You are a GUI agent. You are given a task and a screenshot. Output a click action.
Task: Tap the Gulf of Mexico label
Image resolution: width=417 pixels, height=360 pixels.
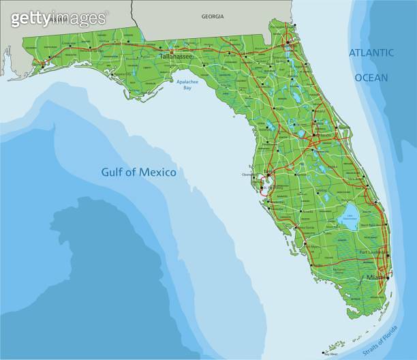(x=139, y=172)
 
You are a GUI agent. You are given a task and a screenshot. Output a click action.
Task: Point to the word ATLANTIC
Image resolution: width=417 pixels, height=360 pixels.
(x=371, y=52)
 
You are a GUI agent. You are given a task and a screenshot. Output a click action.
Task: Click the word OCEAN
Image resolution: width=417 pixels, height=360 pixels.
(x=371, y=78)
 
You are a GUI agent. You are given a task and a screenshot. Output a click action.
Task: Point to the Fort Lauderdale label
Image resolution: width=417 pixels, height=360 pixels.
(x=372, y=252)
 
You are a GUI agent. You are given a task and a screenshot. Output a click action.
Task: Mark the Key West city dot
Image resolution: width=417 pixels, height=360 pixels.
(x=323, y=352)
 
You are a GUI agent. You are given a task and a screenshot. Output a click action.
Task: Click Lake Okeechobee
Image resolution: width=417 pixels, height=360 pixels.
(x=350, y=217)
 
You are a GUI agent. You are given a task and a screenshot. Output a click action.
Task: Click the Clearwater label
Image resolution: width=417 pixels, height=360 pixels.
(x=249, y=175)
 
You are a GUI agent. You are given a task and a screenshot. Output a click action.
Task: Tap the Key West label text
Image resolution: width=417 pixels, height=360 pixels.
(x=331, y=355)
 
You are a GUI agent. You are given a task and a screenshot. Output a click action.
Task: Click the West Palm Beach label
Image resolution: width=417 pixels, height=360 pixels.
(x=369, y=224)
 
